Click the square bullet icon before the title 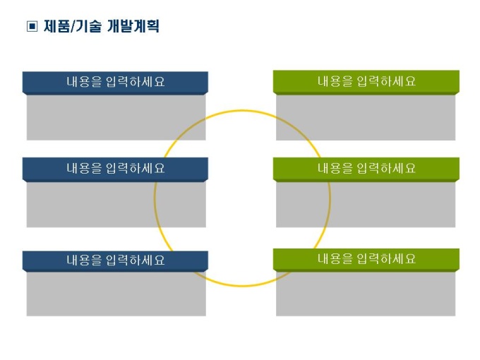(31, 28)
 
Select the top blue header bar (115, 82)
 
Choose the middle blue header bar (115, 169)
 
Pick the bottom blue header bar (115, 260)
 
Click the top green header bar (366, 81)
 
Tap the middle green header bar (366, 169)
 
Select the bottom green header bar (366, 259)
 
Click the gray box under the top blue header (116, 118)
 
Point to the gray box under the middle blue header (116, 205)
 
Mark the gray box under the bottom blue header (116, 294)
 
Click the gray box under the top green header (366, 117)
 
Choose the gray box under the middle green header (366, 205)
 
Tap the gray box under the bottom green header (366, 293)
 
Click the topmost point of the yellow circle (242, 110)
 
